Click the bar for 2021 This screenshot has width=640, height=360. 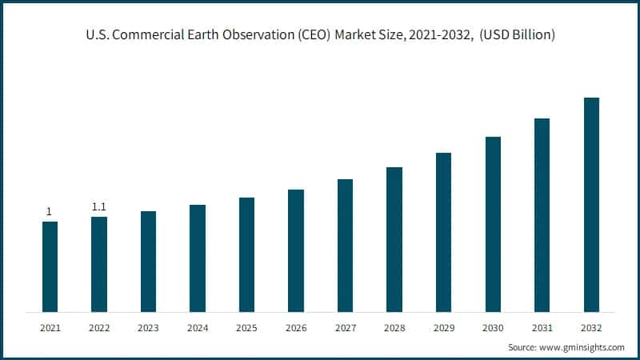coord(50,266)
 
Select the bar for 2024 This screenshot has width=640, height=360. coord(198,258)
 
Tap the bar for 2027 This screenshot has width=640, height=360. coord(345,245)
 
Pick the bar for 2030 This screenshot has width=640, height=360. coord(493,224)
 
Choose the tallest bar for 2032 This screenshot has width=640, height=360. coord(591,204)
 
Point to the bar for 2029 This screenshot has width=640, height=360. coord(443,232)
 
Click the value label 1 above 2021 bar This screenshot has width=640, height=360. coord(50,212)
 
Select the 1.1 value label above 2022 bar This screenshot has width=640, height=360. coord(99,207)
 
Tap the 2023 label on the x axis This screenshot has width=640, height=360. coord(148,328)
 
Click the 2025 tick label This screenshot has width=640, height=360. coord(246,328)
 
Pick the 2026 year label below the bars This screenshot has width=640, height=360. coord(296,328)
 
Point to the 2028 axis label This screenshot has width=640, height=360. coord(394,328)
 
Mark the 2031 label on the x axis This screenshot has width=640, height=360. coord(542,328)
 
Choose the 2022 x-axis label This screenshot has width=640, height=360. coord(99,328)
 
